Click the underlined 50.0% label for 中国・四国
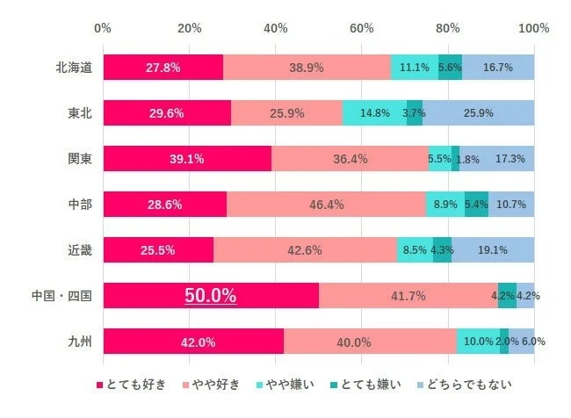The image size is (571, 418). [x=209, y=296]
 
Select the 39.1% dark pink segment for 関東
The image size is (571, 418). [x=187, y=159]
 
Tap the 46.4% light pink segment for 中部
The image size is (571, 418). [x=326, y=205]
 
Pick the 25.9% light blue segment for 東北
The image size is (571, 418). [x=478, y=113]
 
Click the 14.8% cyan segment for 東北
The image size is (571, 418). [x=374, y=113]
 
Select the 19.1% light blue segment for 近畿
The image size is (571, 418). [x=493, y=250]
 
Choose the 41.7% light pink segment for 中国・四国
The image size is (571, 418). [x=408, y=296]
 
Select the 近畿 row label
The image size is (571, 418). [x=80, y=250]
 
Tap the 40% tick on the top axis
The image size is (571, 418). [x=276, y=28]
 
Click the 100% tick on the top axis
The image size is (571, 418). [x=534, y=28]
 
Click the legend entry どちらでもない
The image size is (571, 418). [x=469, y=385]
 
